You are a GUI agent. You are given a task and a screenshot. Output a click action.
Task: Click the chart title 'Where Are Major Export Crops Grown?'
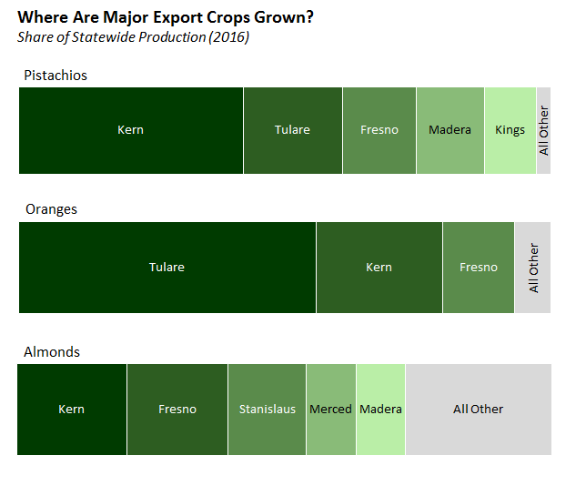167,17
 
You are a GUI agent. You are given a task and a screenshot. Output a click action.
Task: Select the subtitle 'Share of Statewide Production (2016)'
133,36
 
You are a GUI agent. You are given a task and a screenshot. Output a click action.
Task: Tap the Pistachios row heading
56,75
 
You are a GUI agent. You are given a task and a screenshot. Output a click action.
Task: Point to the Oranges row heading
51,208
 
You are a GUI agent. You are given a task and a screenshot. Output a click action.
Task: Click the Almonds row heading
52,351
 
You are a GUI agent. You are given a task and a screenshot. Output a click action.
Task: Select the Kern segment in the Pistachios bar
131,130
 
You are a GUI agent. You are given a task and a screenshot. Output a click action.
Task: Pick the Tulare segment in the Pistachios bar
292,130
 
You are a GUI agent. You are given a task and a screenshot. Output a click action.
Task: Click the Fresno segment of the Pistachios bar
379,130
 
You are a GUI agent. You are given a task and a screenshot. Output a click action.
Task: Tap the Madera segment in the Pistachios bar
450,130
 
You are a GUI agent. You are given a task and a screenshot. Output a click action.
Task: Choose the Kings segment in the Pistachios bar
510,130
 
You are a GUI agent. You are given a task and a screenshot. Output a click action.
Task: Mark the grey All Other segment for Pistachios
543,130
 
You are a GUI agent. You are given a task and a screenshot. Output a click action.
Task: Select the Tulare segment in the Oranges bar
167,268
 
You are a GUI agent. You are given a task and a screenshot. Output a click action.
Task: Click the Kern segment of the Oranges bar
379,268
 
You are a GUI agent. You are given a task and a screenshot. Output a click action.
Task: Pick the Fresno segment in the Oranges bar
479,268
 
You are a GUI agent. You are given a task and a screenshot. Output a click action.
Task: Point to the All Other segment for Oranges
533,268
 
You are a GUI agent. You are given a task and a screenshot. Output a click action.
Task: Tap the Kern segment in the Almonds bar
71,410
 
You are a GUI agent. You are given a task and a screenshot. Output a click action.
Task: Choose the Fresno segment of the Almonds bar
177,410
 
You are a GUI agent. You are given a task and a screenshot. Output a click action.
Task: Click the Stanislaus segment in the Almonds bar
267,410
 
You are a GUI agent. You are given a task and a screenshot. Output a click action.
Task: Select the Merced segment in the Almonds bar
330,410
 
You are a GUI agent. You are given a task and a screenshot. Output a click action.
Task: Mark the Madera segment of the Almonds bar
380,410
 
